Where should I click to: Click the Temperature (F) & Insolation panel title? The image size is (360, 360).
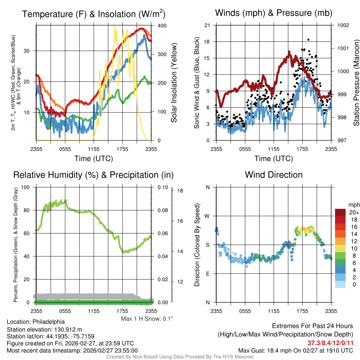pos(94,14)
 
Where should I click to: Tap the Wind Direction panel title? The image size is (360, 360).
pos(274,175)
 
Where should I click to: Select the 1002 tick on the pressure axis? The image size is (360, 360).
pos(342,25)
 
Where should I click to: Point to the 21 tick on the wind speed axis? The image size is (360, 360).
pos(207,25)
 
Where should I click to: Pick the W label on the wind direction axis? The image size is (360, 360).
pos(207,216)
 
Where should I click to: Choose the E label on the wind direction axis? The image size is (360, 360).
pos(207,274)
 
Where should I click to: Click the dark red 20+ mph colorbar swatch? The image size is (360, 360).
pos(340,213)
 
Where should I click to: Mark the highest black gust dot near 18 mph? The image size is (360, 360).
pos(308,40)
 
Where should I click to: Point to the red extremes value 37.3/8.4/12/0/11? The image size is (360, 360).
pos(330,343)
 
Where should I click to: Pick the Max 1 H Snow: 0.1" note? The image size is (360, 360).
pos(147,319)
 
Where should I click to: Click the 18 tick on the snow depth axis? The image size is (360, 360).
pos(180,191)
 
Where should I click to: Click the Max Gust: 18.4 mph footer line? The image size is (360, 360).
pos(295,351)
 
